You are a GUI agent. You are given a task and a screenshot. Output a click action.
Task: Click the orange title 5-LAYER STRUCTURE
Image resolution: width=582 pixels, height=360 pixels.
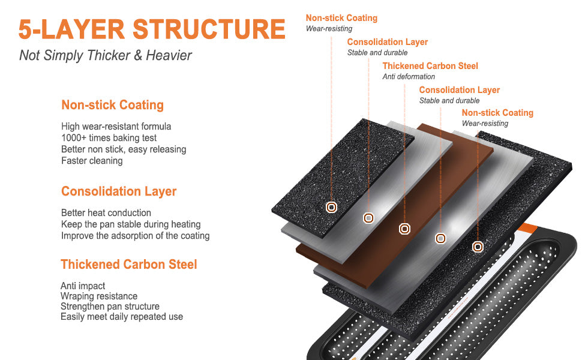(x=151, y=29)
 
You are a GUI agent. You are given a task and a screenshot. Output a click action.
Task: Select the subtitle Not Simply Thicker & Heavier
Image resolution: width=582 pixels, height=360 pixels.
(x=106, y=56)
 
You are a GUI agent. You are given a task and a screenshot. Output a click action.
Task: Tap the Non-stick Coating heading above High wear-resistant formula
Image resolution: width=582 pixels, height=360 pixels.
(x=112, y=105)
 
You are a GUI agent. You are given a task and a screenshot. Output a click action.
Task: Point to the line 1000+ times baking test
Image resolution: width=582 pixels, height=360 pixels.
(x=109, y=138)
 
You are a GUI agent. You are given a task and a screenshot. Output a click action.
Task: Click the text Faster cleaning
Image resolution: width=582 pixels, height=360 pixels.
(x=92, y=161)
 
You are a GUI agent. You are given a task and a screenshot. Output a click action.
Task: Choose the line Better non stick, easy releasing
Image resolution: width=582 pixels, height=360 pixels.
(x=124, y=149)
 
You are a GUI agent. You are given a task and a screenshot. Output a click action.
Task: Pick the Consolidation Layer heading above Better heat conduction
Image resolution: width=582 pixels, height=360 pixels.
(x=119, y=191)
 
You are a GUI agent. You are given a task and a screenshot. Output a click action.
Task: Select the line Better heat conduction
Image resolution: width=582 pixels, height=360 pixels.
(x=106, y=213)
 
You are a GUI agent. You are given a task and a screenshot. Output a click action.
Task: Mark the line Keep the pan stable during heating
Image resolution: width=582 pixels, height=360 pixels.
(x=131, y=224)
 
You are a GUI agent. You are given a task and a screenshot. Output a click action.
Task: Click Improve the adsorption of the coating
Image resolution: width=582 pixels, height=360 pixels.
(x=136, y=236)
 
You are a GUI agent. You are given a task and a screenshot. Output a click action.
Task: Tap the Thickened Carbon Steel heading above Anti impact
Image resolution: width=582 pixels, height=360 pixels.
(x=129, y=265)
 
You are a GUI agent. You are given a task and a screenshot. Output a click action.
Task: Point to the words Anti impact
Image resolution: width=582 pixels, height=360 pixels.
(x=83, y=286)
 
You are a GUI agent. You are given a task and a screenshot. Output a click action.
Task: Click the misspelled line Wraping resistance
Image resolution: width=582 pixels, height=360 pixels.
(x=99, y=296)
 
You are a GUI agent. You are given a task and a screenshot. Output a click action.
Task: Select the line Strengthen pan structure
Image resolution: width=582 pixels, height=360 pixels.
(x=110, y=307)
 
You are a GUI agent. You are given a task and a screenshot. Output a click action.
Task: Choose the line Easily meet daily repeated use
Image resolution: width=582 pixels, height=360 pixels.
(x=122, y=317)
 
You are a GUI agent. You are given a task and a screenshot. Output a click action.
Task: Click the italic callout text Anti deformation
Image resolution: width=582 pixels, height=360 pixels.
(x=409, y=77)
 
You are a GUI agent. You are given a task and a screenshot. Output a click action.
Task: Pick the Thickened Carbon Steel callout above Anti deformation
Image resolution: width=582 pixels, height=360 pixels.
(x=430, y=66)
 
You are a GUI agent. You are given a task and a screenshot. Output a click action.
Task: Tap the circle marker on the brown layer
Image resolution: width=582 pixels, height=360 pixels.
(x=405, y=229)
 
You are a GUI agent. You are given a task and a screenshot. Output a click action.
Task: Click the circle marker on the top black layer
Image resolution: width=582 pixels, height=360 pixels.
(x=331, y=208)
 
